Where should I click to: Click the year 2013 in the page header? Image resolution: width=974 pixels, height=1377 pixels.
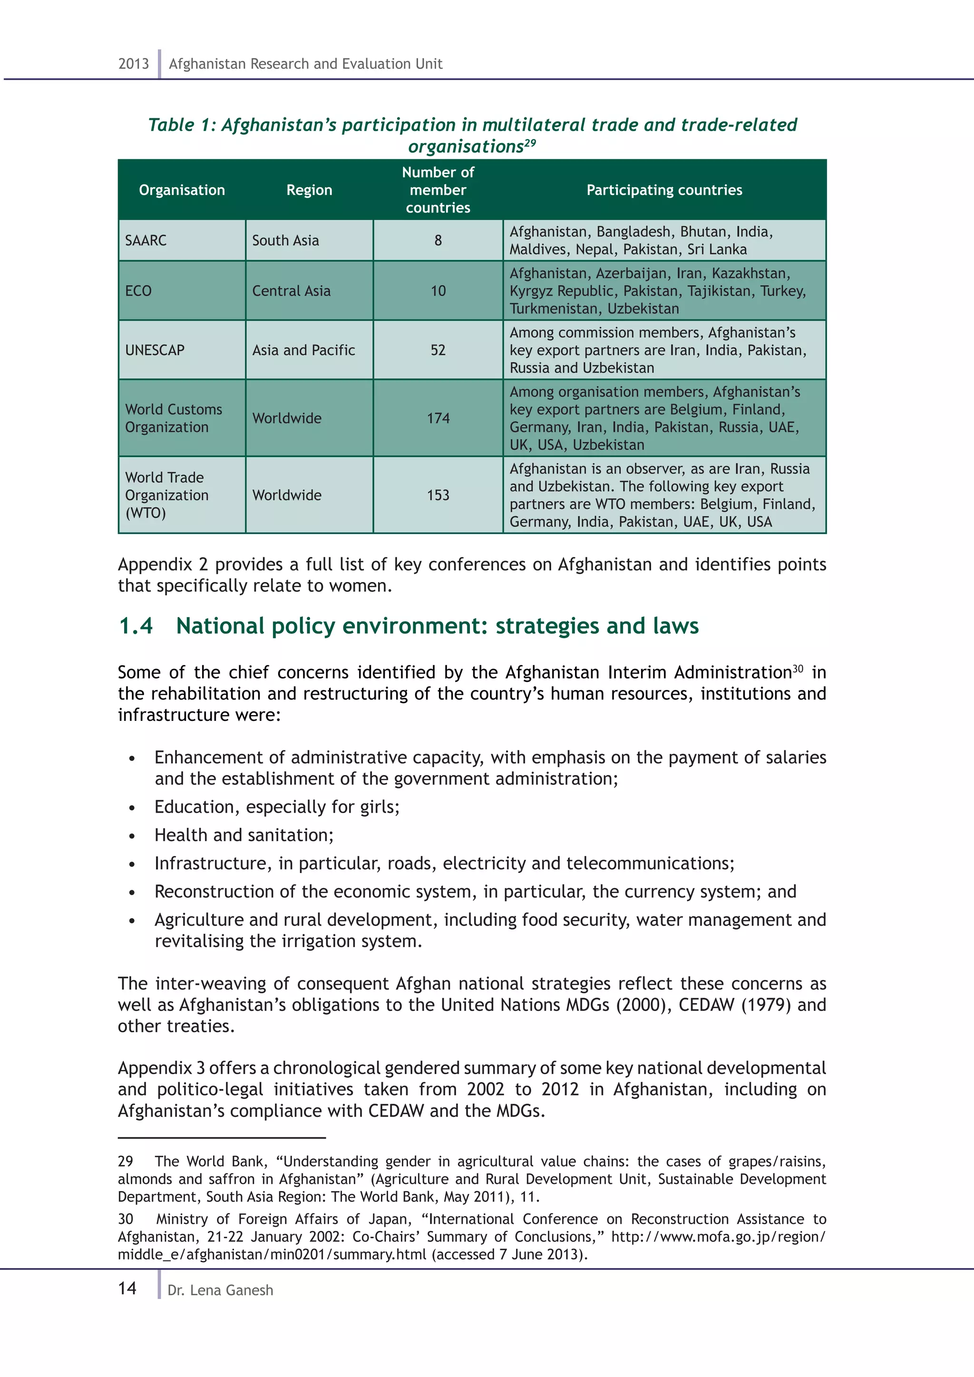click(133, 64)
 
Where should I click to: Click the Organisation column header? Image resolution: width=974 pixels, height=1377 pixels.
click(182, 190)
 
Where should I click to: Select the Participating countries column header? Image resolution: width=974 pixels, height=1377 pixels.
click(664, 190)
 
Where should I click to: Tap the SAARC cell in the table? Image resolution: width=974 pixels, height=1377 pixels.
click(146, 241)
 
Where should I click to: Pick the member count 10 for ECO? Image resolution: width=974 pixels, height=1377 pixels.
click(438, 291)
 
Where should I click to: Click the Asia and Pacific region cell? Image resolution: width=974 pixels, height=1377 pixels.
click(303, 350)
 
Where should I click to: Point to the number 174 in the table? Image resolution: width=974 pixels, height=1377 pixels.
click(438, 418)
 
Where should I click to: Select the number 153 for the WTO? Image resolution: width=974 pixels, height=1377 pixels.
click(438, 495)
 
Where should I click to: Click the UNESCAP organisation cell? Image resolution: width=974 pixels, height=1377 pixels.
click(155, 350)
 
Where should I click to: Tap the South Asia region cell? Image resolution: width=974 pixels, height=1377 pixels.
click(285, 241)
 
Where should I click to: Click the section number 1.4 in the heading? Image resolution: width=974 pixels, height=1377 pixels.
click(136, 626)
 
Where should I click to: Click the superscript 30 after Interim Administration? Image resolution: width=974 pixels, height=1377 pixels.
click(798, 668)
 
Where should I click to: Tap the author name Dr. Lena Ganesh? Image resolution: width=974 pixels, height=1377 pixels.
click(220, 1290)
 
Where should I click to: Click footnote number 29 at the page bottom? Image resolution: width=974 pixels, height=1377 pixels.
click(126, 1162)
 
